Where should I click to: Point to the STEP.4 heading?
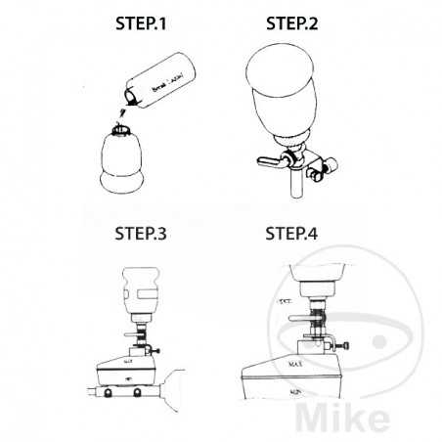304,236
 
